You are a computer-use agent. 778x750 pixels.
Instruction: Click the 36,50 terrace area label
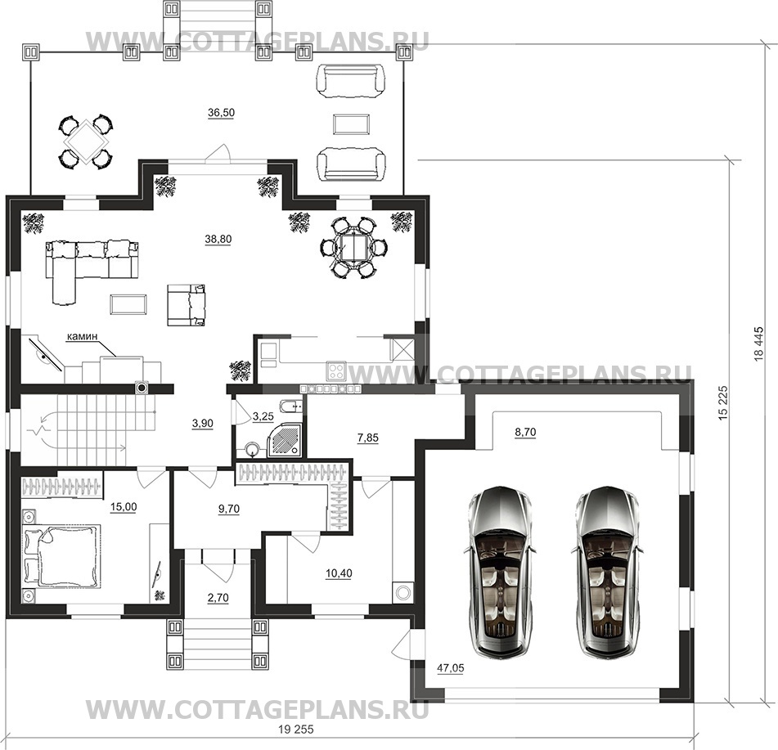222,113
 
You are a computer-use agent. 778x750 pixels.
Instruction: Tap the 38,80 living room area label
218,240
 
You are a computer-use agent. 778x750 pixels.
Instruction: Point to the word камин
82,336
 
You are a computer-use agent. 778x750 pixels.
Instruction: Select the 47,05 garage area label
451,669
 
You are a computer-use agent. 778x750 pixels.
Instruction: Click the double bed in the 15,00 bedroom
61,555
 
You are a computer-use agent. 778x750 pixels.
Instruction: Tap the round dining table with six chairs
353,247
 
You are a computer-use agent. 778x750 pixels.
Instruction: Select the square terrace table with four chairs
86,141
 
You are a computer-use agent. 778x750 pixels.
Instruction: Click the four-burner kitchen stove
336,372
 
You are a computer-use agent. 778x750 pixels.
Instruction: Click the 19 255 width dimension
296,730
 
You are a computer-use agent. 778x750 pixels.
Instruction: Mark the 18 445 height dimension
758,344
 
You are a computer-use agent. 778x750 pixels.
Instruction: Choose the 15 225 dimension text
724,403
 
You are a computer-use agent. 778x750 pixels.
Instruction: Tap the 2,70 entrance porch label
218,598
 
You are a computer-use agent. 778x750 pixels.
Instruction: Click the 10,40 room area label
339,574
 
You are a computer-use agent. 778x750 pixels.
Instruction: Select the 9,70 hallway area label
229,509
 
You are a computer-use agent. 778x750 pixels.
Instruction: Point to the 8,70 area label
525,433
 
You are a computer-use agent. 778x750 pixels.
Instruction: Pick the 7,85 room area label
367,438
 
